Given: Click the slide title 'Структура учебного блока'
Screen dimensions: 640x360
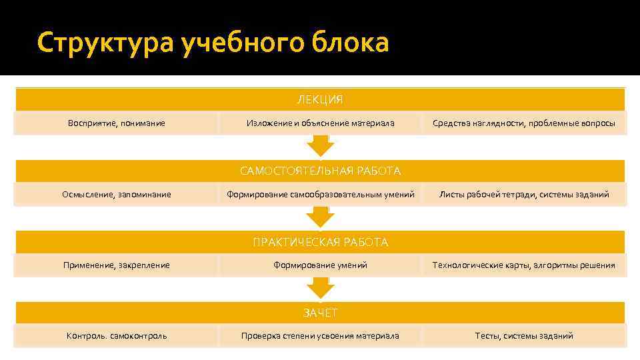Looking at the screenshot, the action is pos(213,43).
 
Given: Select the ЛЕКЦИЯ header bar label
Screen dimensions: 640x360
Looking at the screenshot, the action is pos(320,100).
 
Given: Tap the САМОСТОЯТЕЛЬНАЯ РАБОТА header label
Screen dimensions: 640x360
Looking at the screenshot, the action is pos(320,171).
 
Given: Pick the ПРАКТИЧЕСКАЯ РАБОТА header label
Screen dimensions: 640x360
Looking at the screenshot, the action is pos(320,242).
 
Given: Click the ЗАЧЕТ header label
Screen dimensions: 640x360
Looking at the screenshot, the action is pos(320,313).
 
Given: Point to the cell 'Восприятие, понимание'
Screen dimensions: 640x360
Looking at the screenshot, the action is pos(117,123).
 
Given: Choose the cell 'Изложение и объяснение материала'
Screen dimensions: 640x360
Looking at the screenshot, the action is pos(320,123).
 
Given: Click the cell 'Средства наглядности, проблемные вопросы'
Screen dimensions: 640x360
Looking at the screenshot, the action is pos(524,123).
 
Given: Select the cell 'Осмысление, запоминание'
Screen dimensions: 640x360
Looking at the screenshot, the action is pos(117,195).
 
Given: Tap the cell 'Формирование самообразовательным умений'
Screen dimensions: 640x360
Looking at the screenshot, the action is pos(320,195).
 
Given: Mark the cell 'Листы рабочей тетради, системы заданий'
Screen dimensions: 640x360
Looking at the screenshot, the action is pos(524,195).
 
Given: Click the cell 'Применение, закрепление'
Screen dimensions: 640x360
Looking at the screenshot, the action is pos(117,265).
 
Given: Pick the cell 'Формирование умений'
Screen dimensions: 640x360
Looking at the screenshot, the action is pos(320,265).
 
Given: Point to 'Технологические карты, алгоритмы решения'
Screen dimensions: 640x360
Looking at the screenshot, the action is pos(524,265).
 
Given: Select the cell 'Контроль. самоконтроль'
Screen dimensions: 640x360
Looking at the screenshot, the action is pos(117,336).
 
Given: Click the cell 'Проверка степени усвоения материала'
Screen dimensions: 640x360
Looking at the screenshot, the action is pos(320,336).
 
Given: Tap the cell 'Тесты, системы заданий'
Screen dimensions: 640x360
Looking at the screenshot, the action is pos(524,336).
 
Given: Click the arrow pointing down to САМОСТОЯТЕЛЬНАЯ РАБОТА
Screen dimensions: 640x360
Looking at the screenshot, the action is pos(320,146).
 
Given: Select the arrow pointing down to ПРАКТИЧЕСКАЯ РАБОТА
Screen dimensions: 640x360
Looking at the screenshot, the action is pos(320,217).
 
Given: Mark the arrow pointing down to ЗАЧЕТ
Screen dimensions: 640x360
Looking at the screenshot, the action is pos(320,288).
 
